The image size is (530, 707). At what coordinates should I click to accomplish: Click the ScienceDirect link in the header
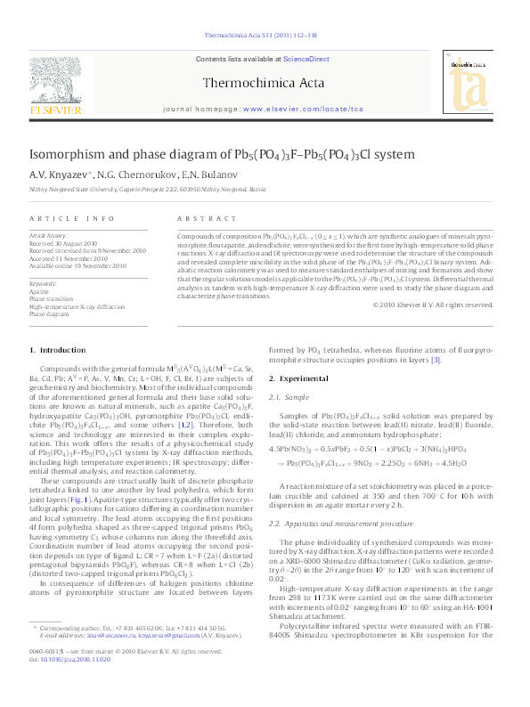[x=306, y=59]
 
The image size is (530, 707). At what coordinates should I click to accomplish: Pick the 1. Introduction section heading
[x=58, y=353]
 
